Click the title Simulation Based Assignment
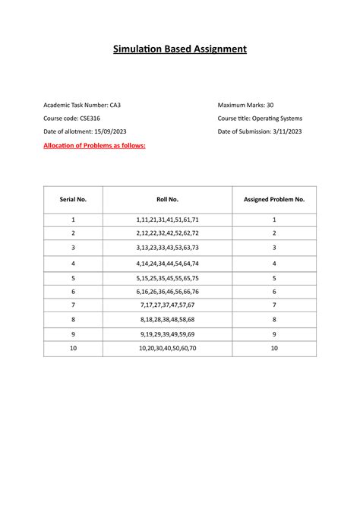coord(180,49)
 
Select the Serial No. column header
coord(74,199)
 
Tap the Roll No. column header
coord(167,199)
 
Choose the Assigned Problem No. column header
coord(274,199)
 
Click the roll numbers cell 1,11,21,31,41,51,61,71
coord(167,219)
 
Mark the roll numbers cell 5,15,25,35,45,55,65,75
coord(167,277)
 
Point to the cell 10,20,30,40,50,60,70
coord(167,349)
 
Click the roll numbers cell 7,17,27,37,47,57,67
coord(167,305)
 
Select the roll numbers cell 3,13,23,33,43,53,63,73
coord(167,248)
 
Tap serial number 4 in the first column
coord(74,262)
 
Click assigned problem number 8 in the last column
coord(274,320)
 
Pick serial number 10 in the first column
coord(74,349)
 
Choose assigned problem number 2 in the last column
coord(274,233)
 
